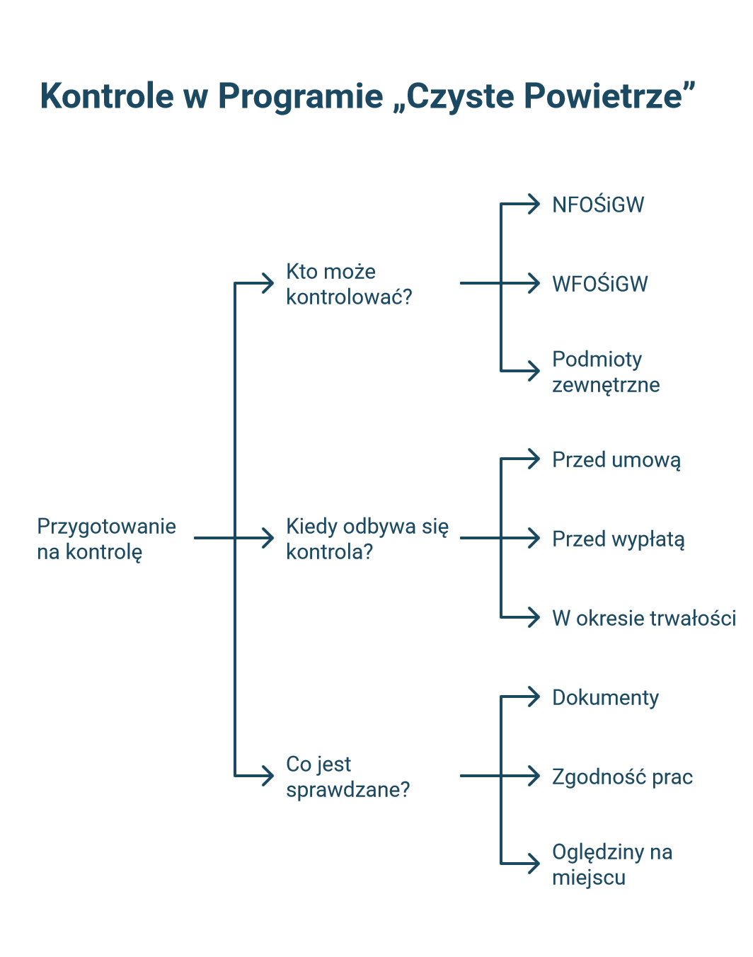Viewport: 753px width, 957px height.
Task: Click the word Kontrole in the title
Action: pos(107,96)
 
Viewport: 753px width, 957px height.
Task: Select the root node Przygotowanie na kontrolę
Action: pos(107,539)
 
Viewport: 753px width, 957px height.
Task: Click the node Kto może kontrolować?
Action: pos(349,284)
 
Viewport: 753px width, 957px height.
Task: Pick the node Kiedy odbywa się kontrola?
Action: pos(367,539)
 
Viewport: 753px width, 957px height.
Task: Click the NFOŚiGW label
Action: pos(598,205)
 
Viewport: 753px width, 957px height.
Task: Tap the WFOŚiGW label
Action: pos(600,284)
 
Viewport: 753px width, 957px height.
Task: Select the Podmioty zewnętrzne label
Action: pos(606,372)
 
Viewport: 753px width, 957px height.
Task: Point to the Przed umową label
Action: pos(616,460)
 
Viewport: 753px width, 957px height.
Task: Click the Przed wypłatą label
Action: pos(619,539)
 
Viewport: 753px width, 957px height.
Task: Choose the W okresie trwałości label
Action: pos(644,618)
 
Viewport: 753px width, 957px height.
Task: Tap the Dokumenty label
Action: pos(605,698)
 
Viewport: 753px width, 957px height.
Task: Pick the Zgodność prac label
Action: pos(622,777)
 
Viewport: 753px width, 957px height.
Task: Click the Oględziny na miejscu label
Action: pos(612,865)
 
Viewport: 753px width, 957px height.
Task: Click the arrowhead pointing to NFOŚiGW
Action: pos(534,204)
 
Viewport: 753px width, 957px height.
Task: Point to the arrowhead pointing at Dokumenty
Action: pos(534,697)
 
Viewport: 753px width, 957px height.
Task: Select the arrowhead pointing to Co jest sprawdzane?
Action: pos(268,776)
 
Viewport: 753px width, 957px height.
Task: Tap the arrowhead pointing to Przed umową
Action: pos(534,459)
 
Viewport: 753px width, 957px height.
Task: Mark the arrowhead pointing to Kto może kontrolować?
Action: pos(268,283)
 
